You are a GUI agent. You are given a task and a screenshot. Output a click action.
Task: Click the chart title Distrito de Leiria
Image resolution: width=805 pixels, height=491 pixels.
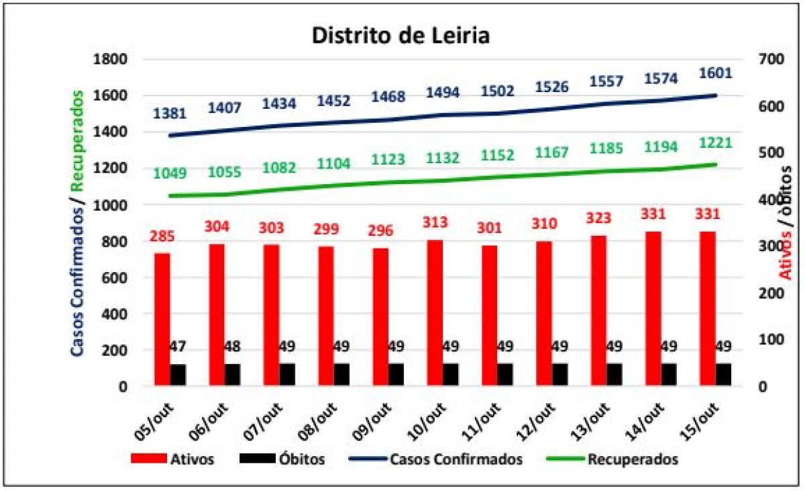point(400,35)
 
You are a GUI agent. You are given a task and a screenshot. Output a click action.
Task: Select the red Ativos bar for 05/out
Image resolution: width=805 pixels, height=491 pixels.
point(162,319)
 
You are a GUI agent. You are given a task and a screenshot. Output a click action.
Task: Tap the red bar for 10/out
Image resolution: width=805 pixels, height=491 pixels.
point(435,312)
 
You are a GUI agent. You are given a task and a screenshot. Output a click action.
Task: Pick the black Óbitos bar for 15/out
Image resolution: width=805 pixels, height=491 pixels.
point(723,374)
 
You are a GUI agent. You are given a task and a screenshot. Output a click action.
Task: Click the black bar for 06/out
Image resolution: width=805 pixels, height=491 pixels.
point(233,375)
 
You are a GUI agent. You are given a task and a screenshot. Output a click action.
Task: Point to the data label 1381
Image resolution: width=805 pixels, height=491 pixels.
point(170,114)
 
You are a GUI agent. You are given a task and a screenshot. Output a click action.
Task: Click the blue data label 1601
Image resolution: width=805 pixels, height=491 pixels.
point(716,73)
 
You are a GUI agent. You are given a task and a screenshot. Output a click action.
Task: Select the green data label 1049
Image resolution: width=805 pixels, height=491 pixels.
point(170,173)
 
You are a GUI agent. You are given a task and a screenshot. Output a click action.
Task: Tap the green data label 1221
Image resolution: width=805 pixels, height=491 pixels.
point(716,143)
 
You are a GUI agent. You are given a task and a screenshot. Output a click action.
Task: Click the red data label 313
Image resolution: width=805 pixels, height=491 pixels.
point(435,222)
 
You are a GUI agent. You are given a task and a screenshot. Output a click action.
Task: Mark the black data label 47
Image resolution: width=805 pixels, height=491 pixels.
point(177,347)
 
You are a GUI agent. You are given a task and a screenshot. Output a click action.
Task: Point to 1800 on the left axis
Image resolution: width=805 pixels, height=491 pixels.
point(110,59)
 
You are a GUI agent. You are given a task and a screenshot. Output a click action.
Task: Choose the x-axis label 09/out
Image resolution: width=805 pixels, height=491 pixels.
point(372,421)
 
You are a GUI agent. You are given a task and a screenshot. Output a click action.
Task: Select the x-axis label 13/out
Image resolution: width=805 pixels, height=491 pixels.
point(590,421)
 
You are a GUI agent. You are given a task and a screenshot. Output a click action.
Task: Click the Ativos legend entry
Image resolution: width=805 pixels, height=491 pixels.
point(172,459)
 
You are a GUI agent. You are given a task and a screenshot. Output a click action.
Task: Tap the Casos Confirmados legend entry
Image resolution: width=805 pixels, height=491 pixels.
point(435,459)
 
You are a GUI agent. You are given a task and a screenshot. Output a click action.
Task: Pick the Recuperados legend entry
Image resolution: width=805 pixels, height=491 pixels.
point(612,459)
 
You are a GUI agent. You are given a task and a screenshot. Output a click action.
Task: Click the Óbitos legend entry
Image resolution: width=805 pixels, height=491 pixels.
point(282,459)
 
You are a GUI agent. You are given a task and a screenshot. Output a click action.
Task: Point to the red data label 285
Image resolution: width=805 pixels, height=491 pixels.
point(162,236)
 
